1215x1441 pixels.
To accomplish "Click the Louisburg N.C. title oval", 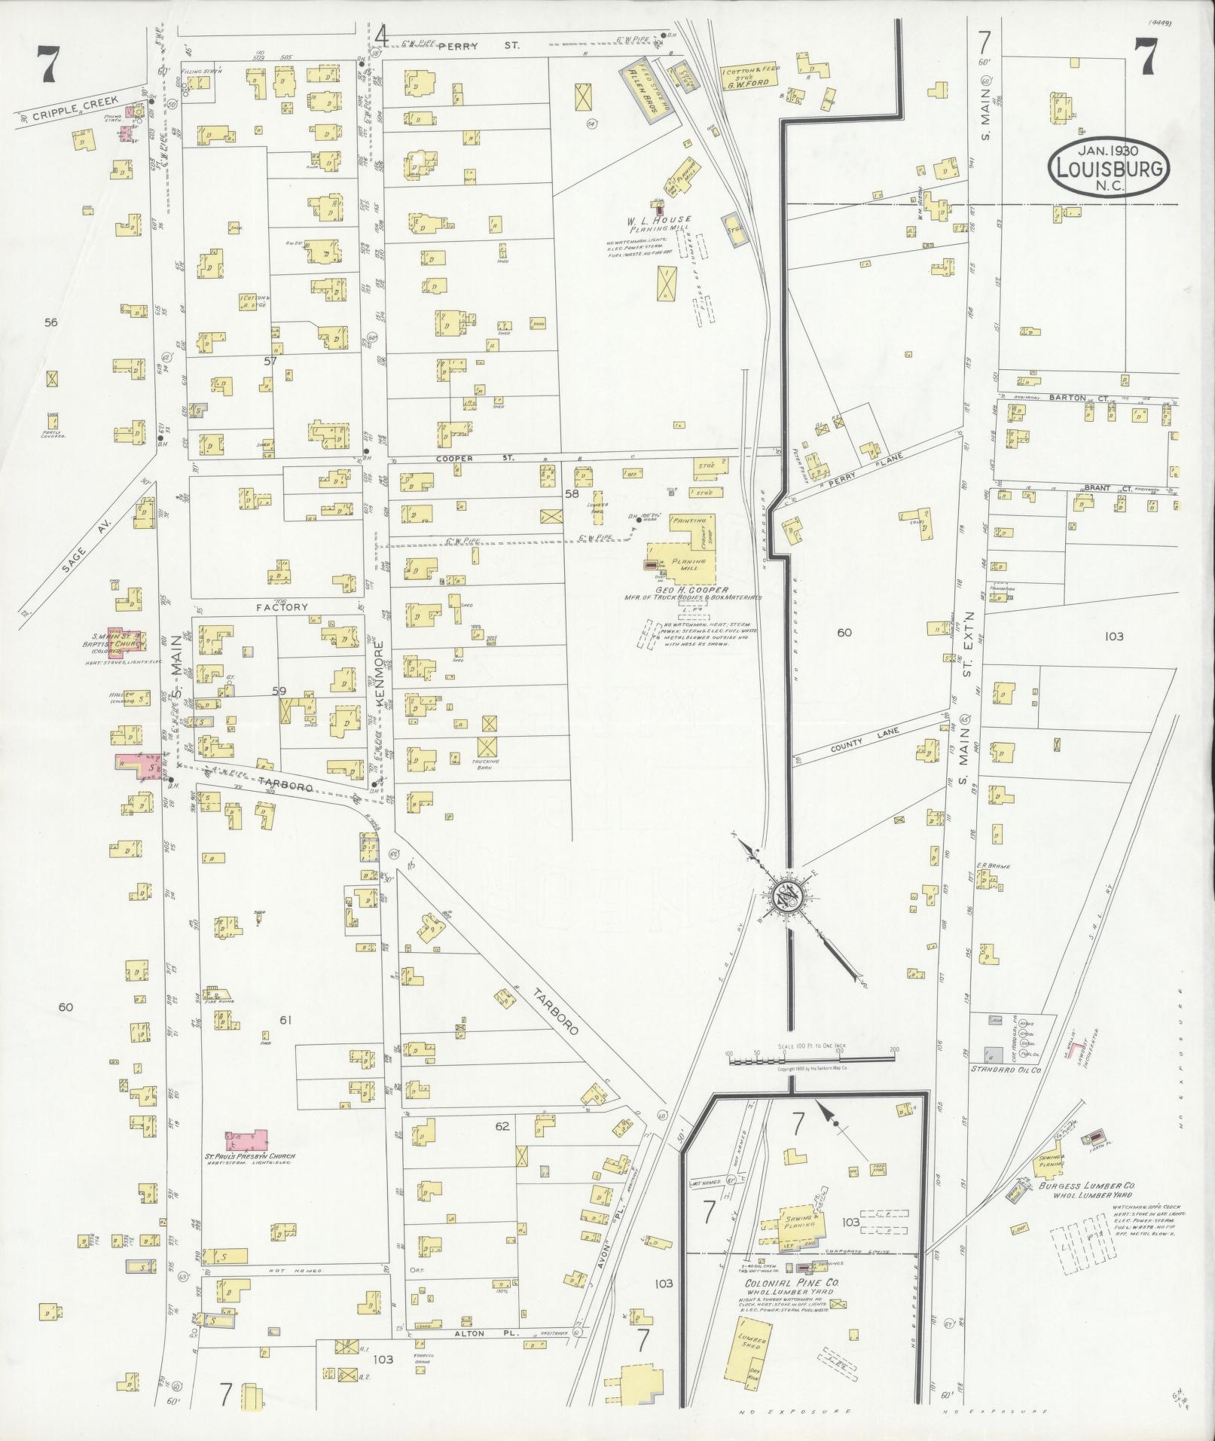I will coord(1110,169).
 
